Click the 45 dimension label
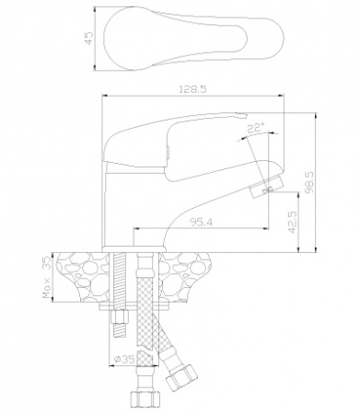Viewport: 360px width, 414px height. (x=88, y=39)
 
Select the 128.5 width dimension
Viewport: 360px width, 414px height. (x=192, y=89)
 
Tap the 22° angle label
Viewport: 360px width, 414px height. (x=256, y=127)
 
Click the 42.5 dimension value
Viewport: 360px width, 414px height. (x=293, y=222)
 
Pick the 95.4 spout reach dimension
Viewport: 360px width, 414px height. (x=201, y=223)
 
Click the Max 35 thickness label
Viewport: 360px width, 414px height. (x=47, y=278)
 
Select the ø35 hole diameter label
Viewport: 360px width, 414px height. (x=124, y=359)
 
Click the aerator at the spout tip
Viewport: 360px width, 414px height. (x=267, y=186)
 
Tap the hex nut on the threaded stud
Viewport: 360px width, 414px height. (x=120, y=316)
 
